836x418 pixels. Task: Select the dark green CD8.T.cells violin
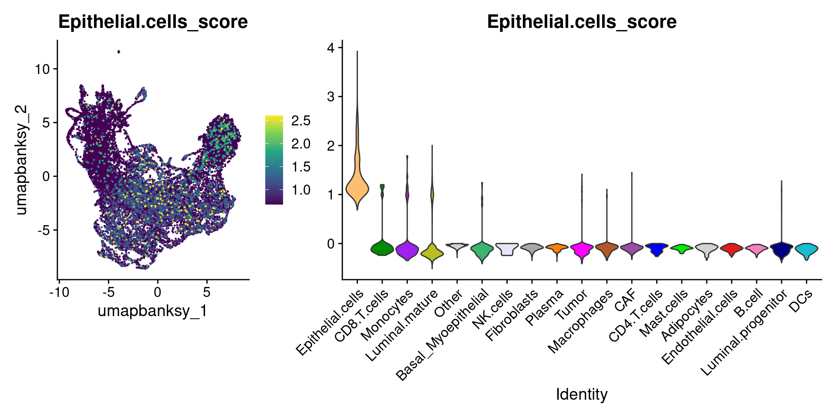click(x=382, y=248)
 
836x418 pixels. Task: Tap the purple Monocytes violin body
click(x=407, y=251)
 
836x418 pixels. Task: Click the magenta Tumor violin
click(x=582, y=249)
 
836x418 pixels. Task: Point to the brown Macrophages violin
click(x=607, y=248)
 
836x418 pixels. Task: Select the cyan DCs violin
click(x=806, y=249)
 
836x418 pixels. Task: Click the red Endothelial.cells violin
click(x=731, y=249)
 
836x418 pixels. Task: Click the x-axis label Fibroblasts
click(x=512, y=316)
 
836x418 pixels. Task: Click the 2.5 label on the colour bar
click(x=301, y=121)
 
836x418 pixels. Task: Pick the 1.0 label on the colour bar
click(x=301, y=190)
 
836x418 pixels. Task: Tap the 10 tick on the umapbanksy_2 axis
click(x=43, y=69)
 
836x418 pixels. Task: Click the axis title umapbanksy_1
click(x=152, y=310)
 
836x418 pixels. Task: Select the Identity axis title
click(x=582, y=394)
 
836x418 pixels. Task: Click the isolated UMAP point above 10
click(x=118, y=52)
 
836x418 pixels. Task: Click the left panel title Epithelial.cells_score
click(x=153, y=22)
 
